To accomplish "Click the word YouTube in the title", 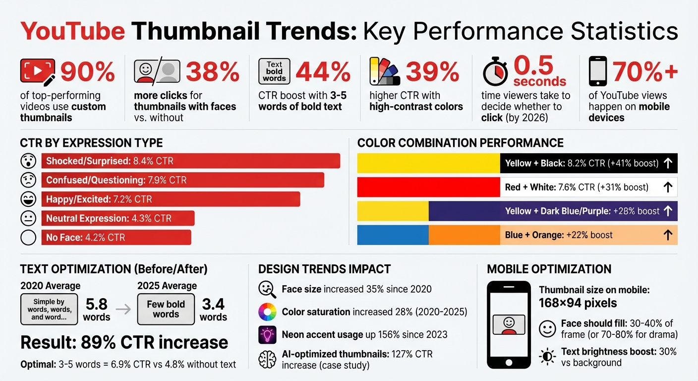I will (72, 31).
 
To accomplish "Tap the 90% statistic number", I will (87, 72).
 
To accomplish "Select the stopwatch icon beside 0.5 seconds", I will (495, 72).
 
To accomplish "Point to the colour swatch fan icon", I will (382, 72).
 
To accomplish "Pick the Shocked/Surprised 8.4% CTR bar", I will (191, 161).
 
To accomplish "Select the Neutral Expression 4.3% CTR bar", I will (117, 218).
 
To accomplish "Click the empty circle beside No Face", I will (29, 238).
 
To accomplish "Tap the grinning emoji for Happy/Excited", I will (29, 199).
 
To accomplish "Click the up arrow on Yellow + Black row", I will (667, 163).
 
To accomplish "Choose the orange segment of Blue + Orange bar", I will (464, 235).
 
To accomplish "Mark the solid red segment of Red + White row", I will (428, 187).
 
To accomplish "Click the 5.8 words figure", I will (97, 309).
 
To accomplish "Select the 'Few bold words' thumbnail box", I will (166, 310).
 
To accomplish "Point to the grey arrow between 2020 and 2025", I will (126, 310).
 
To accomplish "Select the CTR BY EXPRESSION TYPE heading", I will (91, 143).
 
